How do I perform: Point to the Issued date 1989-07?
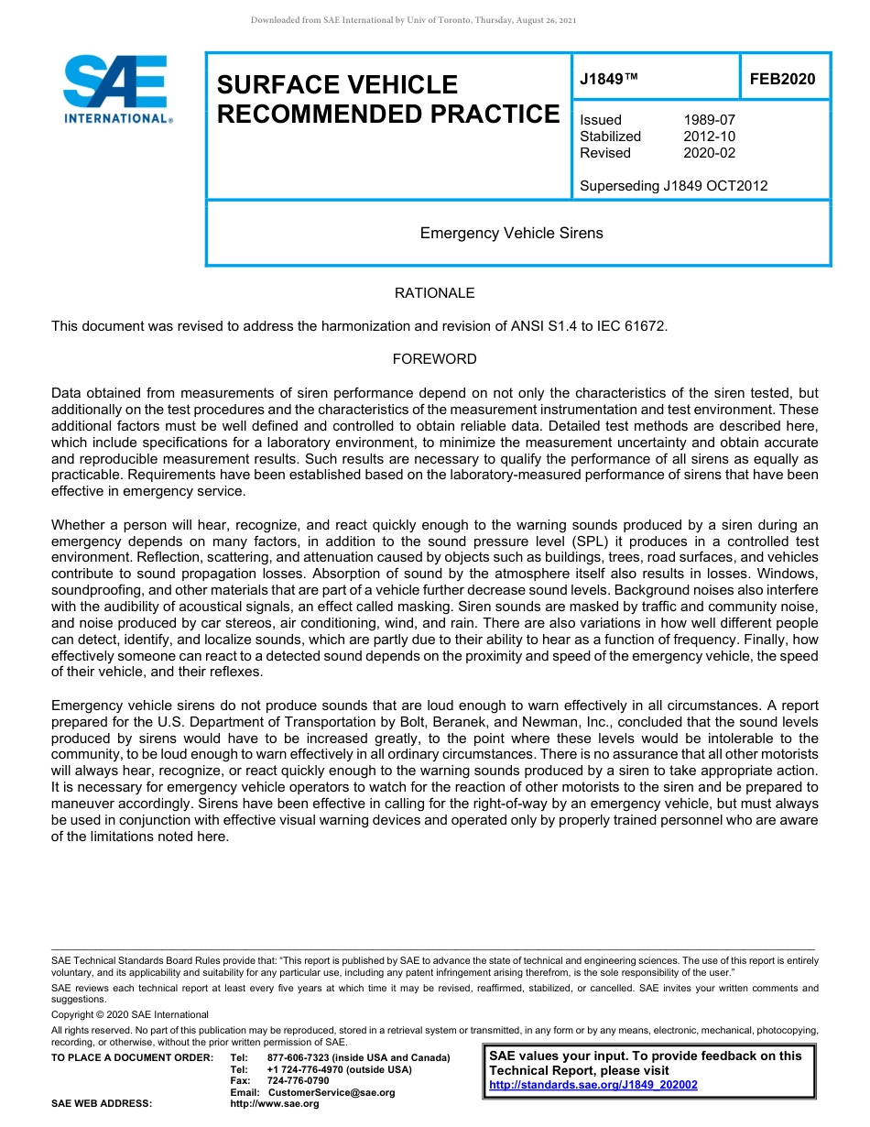click(x=709, y=120)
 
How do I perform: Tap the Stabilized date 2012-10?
click(x=709, y=137)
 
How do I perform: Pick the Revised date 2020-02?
click(x=709, y=153)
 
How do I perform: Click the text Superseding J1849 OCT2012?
click(x=673, y=186)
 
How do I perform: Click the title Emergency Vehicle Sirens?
click(x=511, y=233)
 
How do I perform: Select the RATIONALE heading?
click(x=434, y=293)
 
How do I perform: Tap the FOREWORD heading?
click(x=434, y=359)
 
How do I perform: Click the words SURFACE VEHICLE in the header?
click(x=337, y=85)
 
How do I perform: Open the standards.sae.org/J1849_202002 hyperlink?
click(x=593, y=1085)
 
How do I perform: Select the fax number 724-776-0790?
click(x=298, y=1080)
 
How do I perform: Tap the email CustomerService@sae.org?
click(x=332, y=1092)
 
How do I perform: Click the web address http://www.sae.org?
click(x=275, y=1103)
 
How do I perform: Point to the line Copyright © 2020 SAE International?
click(x=130, y=1014)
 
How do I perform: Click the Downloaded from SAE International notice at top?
click(x=413, y=20)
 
